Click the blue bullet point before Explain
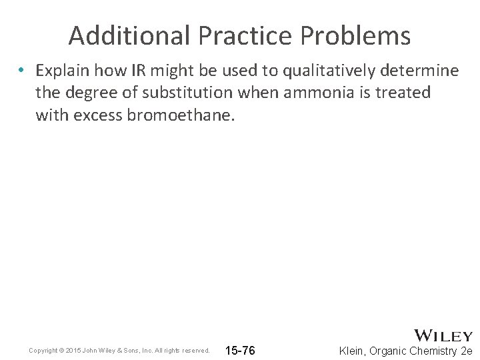tap(22, 70)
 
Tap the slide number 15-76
tap(241, 350)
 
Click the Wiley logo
tap(443, 336)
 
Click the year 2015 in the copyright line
tap(73, 351)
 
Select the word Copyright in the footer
tap(43, 351)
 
